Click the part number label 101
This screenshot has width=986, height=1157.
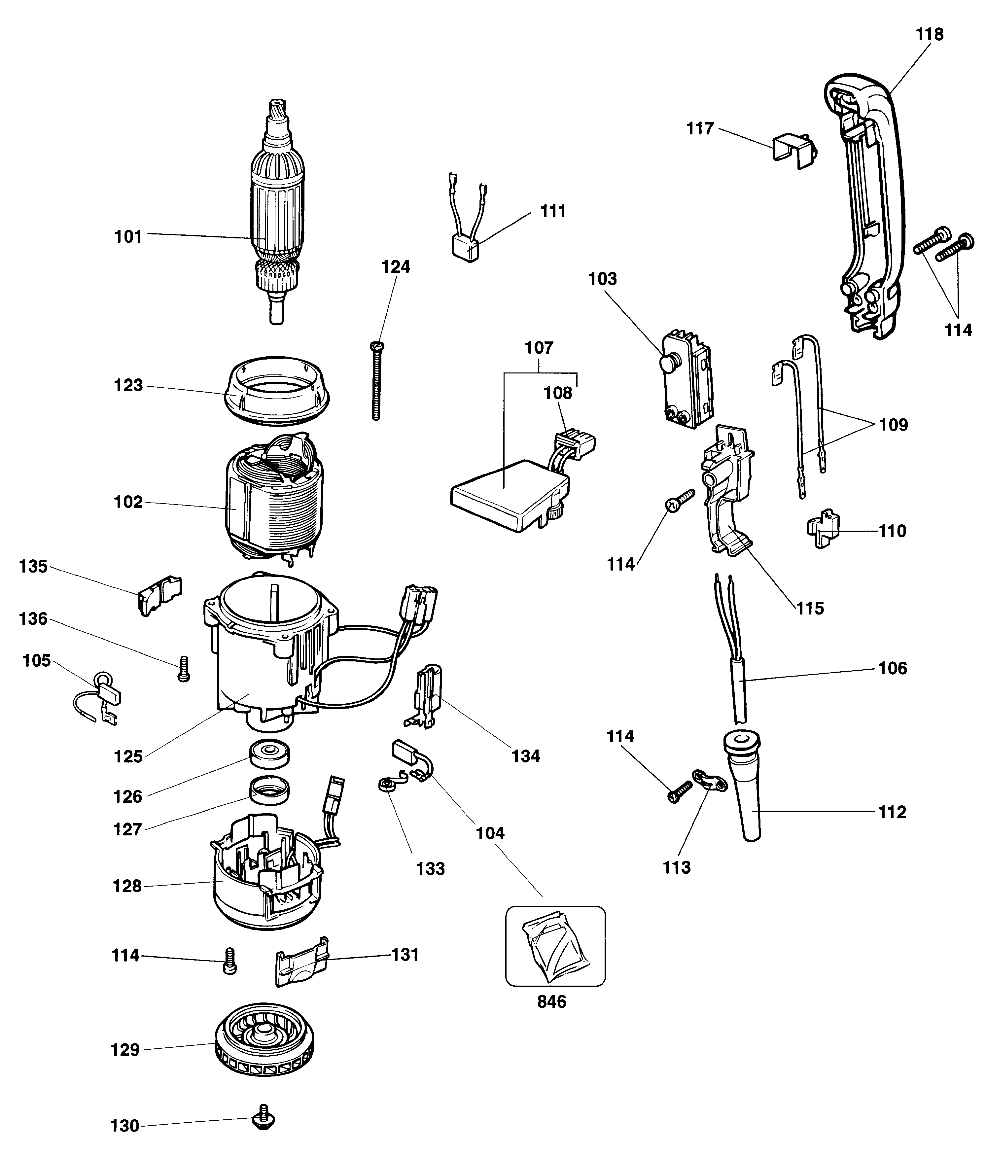(x=128, y=237)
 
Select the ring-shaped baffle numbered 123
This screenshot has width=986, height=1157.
(x=277, y=388)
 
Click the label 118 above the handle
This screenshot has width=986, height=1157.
(x=930, y=35)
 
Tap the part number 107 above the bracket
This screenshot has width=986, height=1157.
(x=539, y=348)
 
